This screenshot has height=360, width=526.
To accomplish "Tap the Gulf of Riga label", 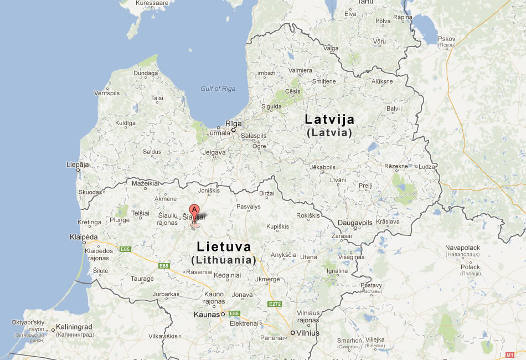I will pyautogui.click(x=218, y=89).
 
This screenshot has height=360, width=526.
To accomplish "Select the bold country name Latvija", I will pyautogui.click(x=329, y=119).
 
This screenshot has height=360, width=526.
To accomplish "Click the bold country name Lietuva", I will pyautogui.click(x=224, y=247).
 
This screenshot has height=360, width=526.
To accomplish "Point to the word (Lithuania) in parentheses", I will pyautogui.click(x=224, y=260).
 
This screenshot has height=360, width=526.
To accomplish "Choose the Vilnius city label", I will pyautogui.click(x=308, y=333).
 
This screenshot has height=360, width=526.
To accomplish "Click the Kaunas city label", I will pyautogui.click(x=207, y=314).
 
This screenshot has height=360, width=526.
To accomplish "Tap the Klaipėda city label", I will pyautogui.click(x=84, y=237).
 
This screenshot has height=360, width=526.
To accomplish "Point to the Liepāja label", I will pyautogui.click(x=77, y=164).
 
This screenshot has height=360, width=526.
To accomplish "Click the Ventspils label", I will pyautogui.click(x=107, y=93).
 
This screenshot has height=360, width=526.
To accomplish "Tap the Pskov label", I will pyautogui.click(x=446, y=38).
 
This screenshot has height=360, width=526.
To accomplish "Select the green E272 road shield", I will pyautogui.click(x=275, y=304).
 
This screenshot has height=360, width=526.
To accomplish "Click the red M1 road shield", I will pyautogui.click(x=510, y=354).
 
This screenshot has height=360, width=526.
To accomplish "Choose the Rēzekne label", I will pyautogui.click(x=396, y=166).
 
